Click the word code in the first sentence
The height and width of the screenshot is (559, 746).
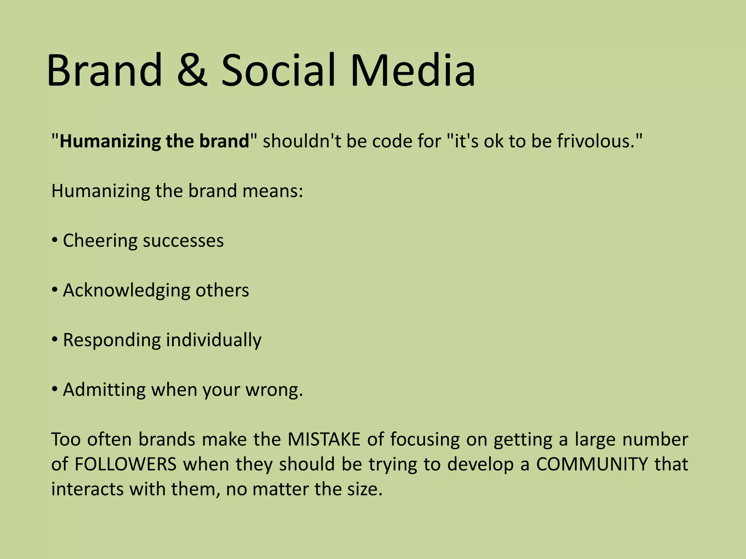click(392, 141)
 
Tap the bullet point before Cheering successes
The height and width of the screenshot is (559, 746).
click(54, 241)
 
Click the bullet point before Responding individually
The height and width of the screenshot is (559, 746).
click(54, 340)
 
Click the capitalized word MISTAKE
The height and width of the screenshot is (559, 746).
click(324, 439)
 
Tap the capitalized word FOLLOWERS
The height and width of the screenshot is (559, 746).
click(126, 464)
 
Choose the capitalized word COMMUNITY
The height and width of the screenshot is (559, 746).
click(592, 464)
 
